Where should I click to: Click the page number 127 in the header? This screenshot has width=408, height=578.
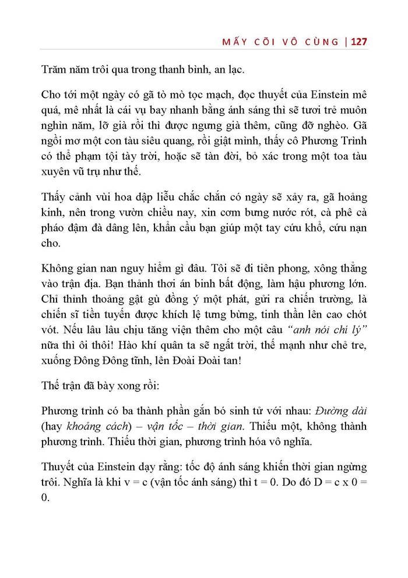click(x=356, y=43)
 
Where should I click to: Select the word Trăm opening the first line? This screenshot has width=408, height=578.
click(x=55, y=71)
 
